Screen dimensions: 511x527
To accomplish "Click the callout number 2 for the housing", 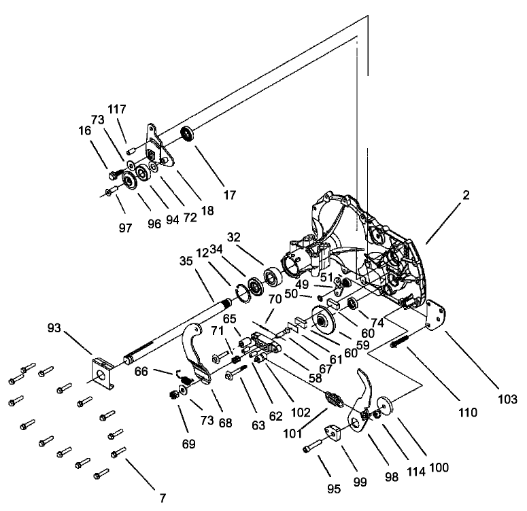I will pyautogui.click(x=466, y=196).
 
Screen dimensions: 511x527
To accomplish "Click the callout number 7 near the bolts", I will pyautogui.click(x=163, y=498).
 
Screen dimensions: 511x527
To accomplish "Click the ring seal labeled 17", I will pyautogui.click(x=188, y=133).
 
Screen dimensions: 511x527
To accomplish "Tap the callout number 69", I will pyautogui.click(x=188, y=444).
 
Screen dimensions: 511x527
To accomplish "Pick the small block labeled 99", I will pyautogui.click(x=336, y=433).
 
